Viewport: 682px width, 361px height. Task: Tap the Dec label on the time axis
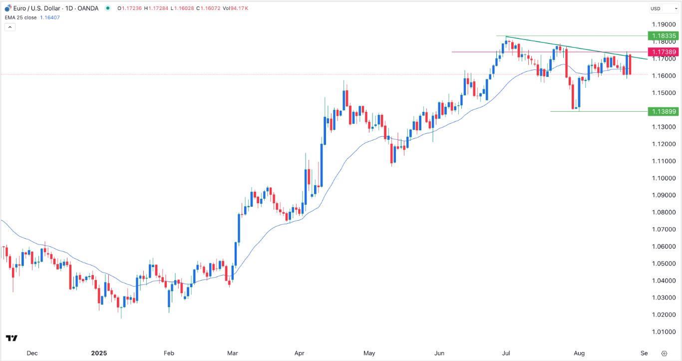[x=32, y=353]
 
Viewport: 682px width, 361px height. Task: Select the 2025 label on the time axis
[x=98, y=353]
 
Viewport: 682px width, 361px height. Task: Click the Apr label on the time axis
[x=299, y=353]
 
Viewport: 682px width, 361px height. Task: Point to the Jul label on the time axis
[x=507, y=353]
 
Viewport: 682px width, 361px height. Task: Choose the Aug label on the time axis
[x=579, y=353]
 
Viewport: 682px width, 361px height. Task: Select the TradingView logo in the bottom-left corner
[x=12, y=338]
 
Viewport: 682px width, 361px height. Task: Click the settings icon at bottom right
[x=664, y=353]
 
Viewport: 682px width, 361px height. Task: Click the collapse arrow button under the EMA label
[x=10, y=27]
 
